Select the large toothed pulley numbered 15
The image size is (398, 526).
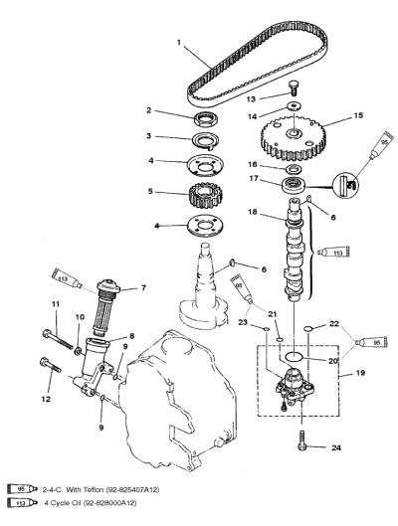point(294,137)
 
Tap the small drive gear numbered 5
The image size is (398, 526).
point(205,195)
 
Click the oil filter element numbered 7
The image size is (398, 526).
point(106,307)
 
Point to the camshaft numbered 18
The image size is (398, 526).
point(295,250)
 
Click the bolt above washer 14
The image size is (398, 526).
point(294,88)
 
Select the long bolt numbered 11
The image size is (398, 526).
point(58,340)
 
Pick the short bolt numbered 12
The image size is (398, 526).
point(51,366)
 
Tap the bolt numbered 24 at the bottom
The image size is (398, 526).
point(301,440)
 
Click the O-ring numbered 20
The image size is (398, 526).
point(295,357)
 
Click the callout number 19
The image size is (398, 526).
point(360,373)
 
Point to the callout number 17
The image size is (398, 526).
point(254,178)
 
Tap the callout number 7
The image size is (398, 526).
point(143,287)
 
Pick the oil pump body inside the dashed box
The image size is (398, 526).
point(295,386)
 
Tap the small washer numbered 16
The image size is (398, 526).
point(295,167)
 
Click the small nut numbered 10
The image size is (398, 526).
point(79,351)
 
